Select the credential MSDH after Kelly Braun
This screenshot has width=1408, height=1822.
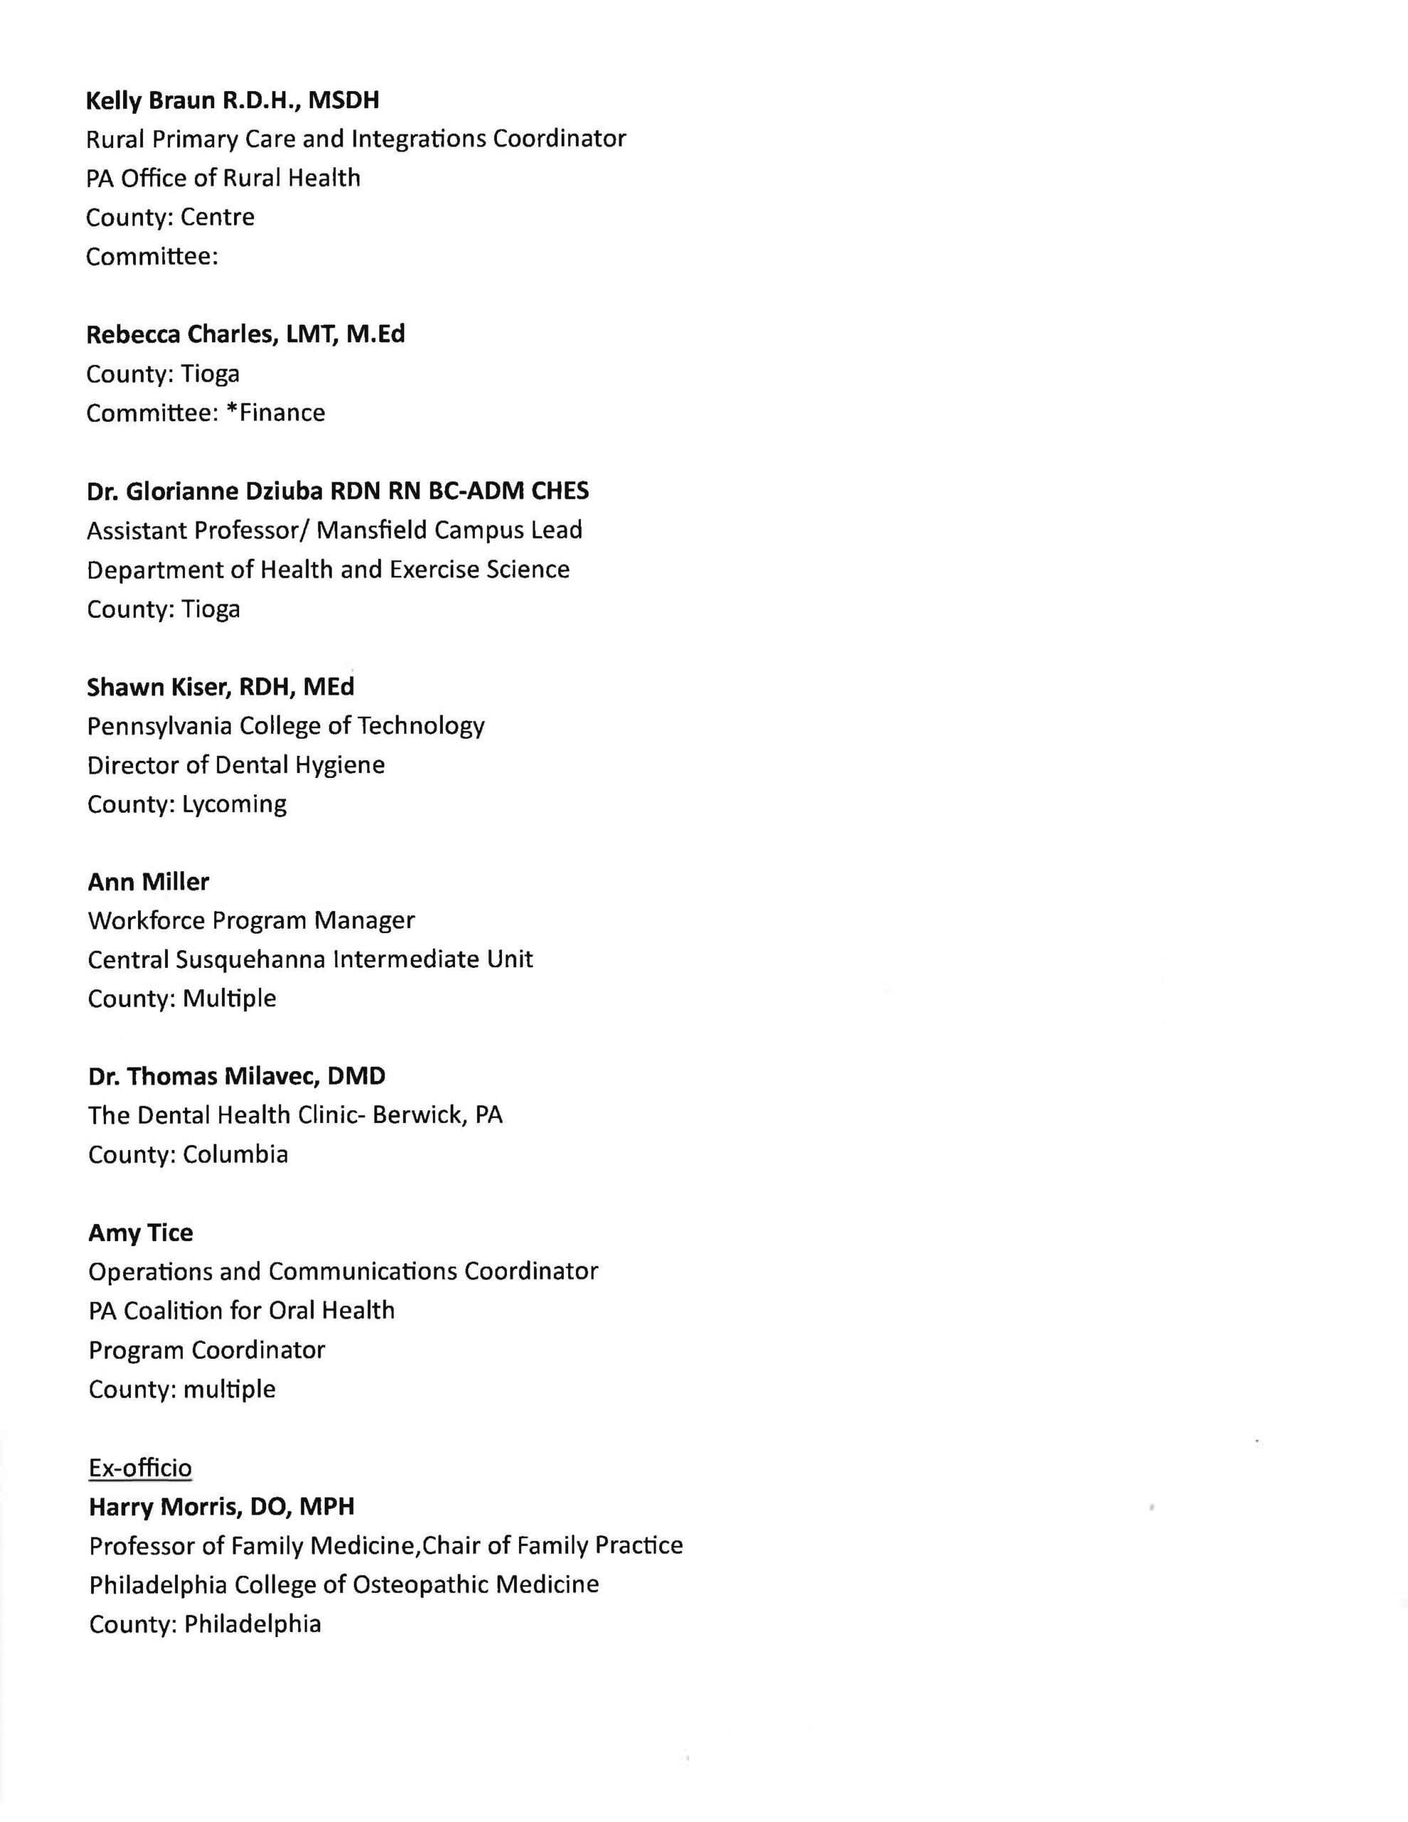click(344, 101)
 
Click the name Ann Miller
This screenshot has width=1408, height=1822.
click(149, 882)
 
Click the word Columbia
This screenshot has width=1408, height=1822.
click(236, 1154)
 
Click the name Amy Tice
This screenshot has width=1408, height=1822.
click(140, 1232)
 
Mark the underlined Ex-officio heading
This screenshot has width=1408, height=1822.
click(140, 1468)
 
